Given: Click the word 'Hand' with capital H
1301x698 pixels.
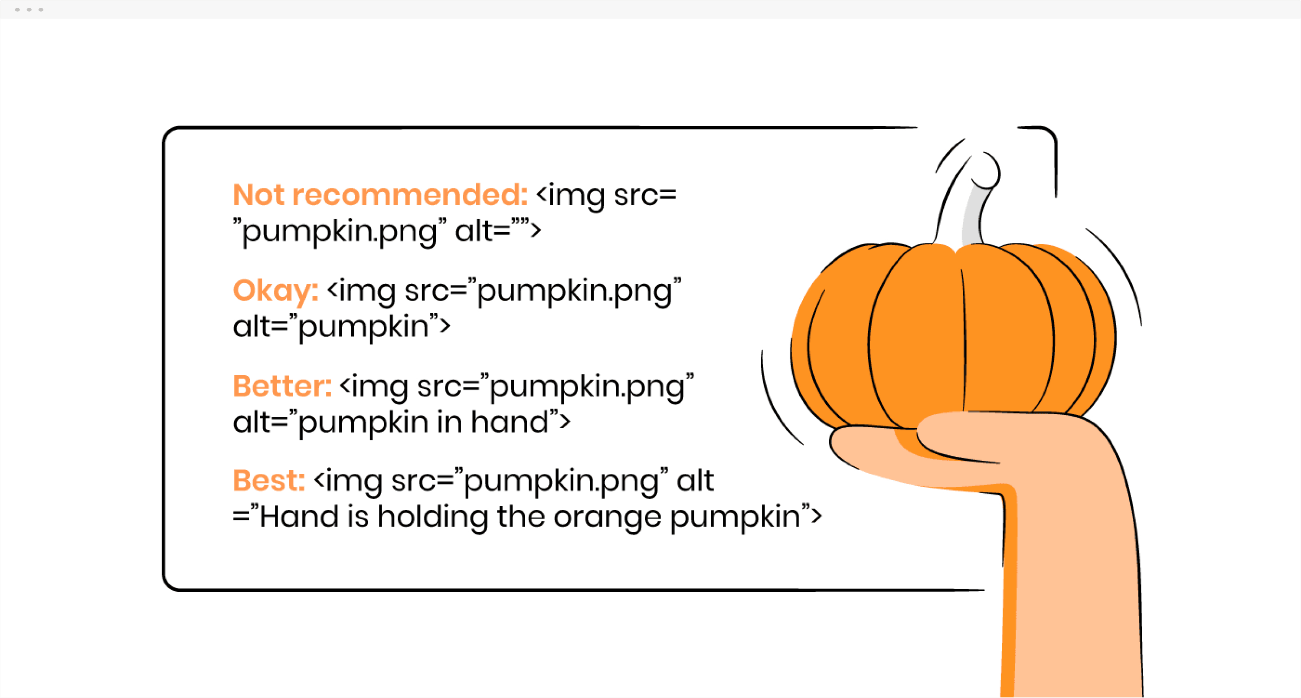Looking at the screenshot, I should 299,517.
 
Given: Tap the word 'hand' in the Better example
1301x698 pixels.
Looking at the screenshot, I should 509,422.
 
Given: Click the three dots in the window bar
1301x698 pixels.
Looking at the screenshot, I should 29,10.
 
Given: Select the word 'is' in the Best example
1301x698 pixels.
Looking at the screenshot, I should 358,517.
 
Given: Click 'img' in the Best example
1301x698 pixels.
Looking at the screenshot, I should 353,482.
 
